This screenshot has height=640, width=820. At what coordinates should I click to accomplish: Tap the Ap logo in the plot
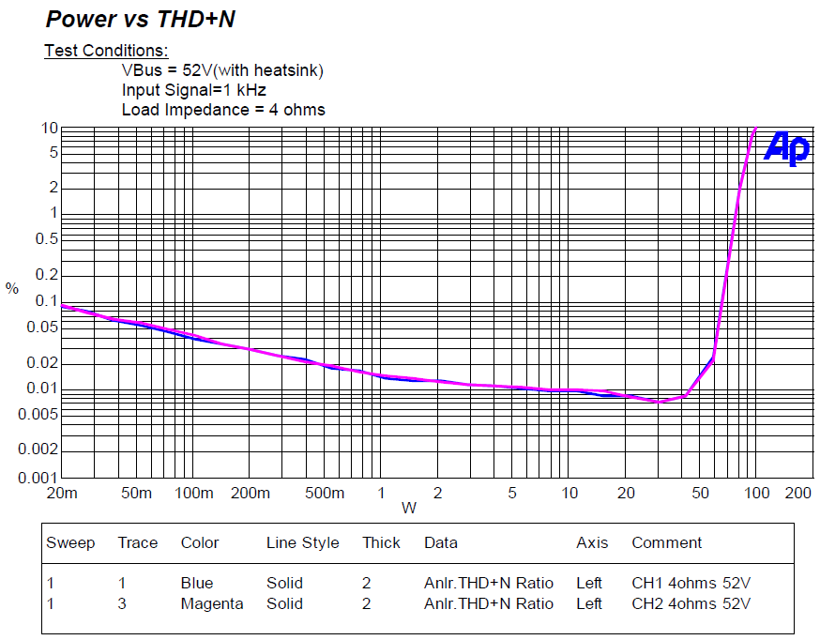point(786,147)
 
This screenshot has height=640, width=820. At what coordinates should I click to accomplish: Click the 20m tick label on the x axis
point(60,494)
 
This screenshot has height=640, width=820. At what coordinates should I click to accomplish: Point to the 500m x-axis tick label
point(325,494)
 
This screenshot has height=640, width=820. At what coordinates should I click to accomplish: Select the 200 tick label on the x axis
point(797,494)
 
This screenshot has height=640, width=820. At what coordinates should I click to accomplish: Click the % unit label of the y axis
point(12,289)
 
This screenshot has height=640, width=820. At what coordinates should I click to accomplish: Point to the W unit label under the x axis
point(409,509)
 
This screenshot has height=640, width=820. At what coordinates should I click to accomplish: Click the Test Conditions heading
point(106,51)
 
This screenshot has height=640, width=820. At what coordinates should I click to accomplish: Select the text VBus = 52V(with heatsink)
point(222,70)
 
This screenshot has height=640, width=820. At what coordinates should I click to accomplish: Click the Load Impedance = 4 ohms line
point(223,110)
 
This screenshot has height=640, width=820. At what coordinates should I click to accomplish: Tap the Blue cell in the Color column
point(197,583)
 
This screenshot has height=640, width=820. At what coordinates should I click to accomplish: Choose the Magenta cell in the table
point(212,603)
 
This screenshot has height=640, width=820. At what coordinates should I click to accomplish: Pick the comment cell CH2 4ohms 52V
point(691,603)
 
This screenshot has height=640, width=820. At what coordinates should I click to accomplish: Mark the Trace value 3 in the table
point(122,603)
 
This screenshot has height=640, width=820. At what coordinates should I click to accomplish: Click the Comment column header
point(666,542)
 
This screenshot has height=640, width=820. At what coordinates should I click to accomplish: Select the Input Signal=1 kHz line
point(194,90)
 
